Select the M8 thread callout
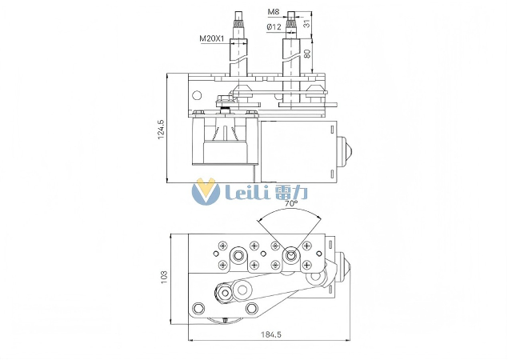[273, 13]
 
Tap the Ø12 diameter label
[273, 26]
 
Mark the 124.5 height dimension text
[161, 129]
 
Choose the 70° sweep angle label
[290, 204]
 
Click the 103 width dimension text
[164, 277]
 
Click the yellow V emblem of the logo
[206, 192]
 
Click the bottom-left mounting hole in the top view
[198, 308]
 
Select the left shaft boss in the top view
[238, 256]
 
